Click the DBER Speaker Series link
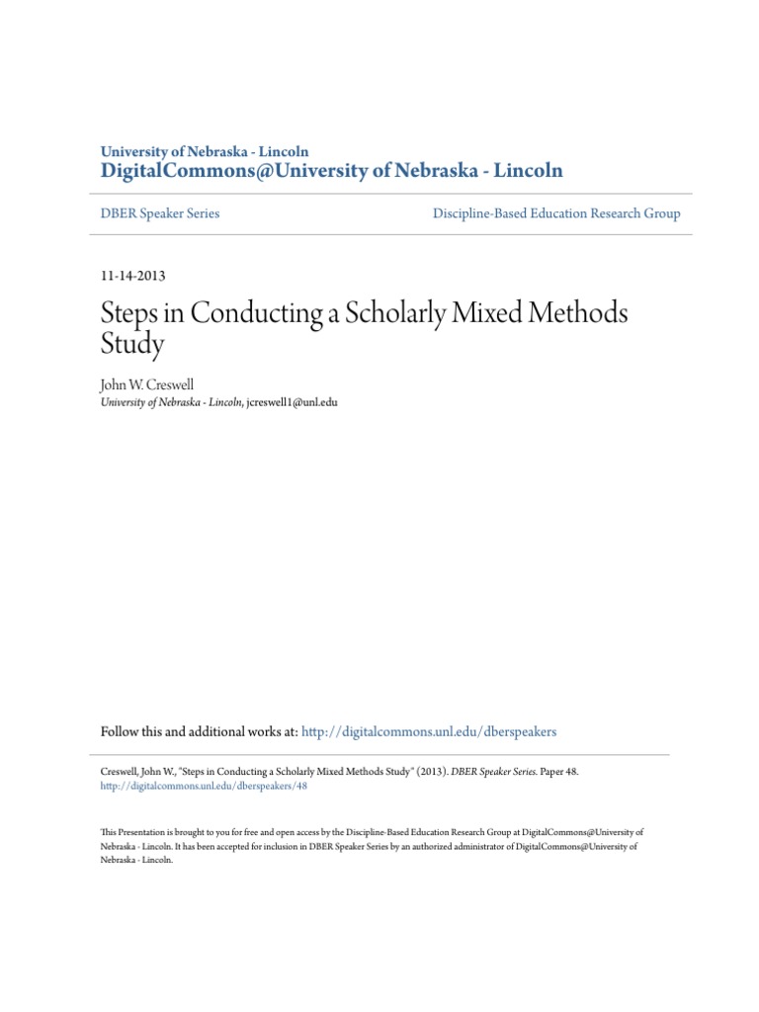pos(161,213)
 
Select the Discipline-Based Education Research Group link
pos(555,213)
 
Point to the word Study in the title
pos(131,347)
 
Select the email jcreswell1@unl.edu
pos(292,402)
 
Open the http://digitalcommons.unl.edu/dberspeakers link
pos(428,731)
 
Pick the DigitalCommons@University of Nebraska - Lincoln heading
pos(332,171)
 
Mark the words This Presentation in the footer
pos(130,833)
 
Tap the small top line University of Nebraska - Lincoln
pos(205,151)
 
